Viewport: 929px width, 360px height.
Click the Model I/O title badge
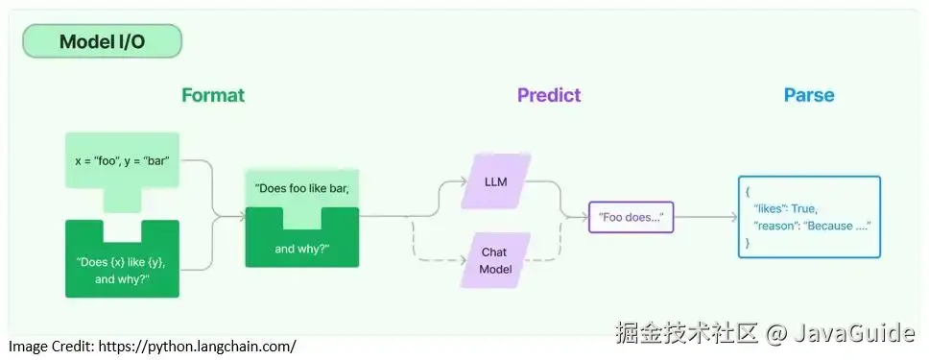[102, 41]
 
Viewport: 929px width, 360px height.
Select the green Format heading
[213, 95]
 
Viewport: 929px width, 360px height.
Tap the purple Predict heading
[549, 95]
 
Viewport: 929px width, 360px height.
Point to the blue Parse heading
[809, 95]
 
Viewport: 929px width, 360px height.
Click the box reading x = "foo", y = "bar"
[122, 159]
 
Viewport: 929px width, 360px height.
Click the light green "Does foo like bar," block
[302, 187]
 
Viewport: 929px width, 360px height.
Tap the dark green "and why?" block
[302, 249]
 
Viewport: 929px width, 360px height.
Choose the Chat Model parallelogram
[495, 260]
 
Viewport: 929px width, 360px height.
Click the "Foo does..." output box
[631, 218]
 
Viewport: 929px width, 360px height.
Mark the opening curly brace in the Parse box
[748, 191]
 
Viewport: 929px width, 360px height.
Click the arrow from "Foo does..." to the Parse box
[705, 218]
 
